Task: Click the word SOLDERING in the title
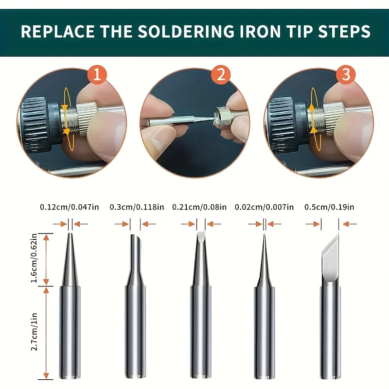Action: point(186,31)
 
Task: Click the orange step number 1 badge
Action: point(97,74)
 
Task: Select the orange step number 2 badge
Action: point(221,74)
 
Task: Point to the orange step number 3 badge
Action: point(346,74)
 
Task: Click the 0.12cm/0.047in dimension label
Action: point(70,207)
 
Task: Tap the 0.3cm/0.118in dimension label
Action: point(137,207)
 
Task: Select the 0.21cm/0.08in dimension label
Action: point(199,207)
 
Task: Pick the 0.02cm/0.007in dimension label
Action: point(264,207)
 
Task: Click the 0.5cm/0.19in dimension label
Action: point(330,207)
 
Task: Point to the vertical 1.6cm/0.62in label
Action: point(34,258)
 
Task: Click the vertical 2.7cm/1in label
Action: point(34,332)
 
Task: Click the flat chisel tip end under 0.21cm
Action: point(201,237)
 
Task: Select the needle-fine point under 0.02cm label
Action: point(265,235)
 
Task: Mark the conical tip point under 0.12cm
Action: point(70,234)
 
